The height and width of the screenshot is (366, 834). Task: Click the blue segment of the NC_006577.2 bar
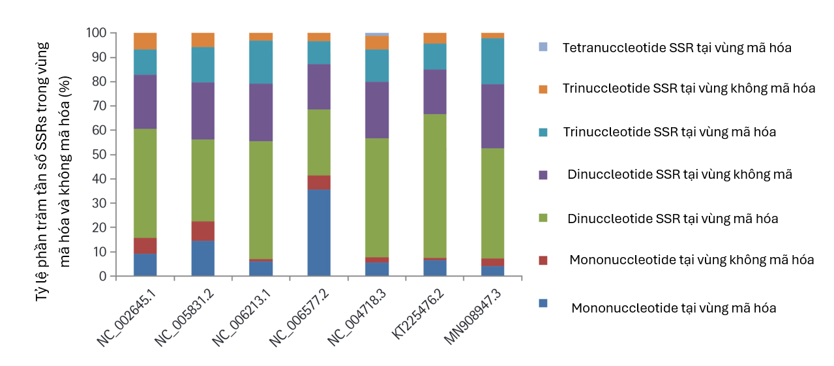pos(319,232)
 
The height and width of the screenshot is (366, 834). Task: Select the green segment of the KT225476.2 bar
pos(435,186)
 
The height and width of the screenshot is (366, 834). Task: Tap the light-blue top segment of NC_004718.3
pos(377,34)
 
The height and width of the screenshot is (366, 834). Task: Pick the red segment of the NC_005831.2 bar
pos(203,231)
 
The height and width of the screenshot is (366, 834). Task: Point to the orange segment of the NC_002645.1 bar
pos(145,41)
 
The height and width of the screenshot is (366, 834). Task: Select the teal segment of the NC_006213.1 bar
pos(261,62)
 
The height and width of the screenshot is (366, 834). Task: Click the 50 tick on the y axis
pos(99,155)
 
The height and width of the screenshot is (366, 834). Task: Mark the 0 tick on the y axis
pos(102,277)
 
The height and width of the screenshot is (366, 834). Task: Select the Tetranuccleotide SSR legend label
pos(677,48)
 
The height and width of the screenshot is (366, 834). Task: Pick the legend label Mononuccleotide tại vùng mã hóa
pos(674,308)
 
